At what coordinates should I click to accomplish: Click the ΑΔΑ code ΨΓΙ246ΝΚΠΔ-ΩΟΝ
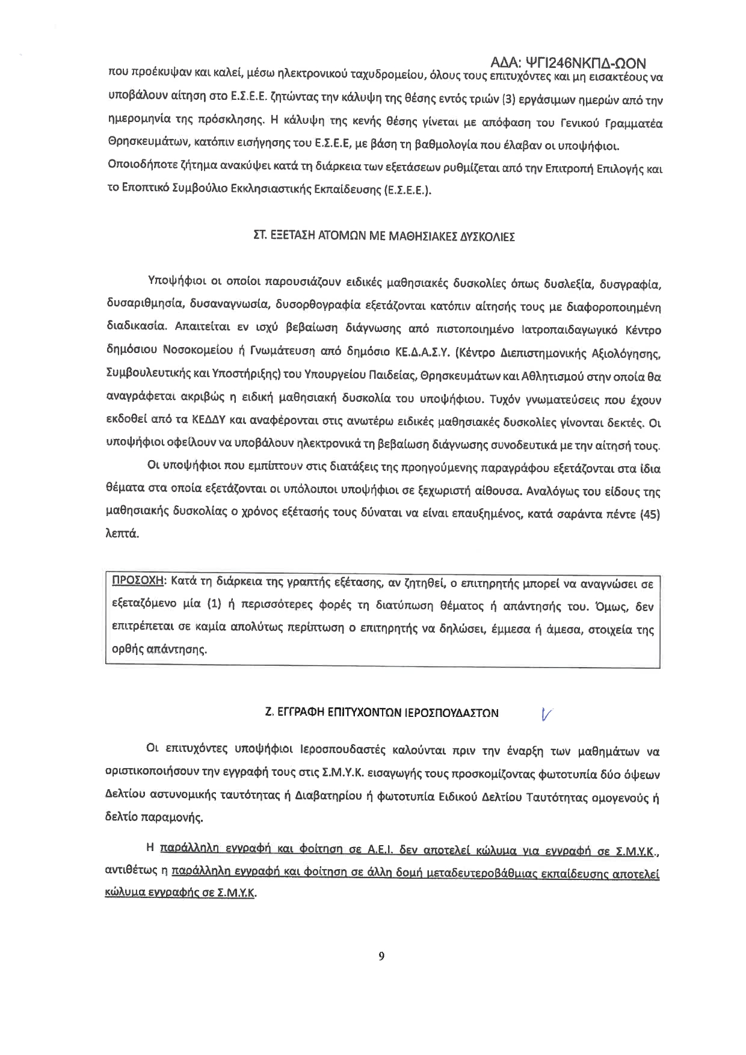point(567,63)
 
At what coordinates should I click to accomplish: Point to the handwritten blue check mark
point(547,713)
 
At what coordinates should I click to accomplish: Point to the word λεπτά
point(122,534)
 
